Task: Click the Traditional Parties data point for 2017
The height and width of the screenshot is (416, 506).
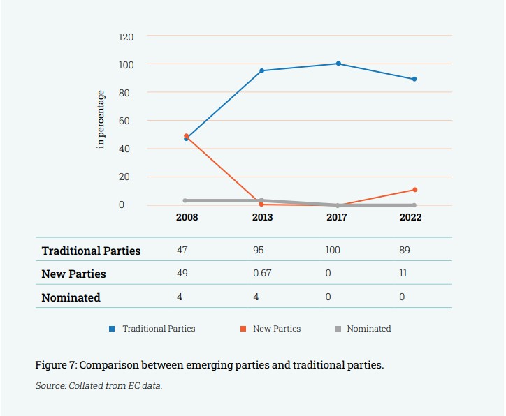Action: (x=338, y=64)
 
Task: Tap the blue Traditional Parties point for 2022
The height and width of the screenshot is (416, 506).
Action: (x=414, y=79)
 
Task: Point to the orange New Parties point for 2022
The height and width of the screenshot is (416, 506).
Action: (x=414, y=190)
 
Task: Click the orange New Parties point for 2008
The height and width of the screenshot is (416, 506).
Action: (x=187, y=136)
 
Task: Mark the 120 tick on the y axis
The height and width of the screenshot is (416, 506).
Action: (x=126, y=36)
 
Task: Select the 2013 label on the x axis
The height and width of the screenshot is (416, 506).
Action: (x=262, y=218)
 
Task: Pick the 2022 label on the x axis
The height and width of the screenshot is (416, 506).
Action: (x=410, y=218)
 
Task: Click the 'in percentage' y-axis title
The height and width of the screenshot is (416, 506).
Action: (x=101, y=119)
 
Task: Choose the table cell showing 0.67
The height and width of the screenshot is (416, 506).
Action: (x=262, y=274)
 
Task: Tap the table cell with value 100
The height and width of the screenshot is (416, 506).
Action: (x=333, y=250)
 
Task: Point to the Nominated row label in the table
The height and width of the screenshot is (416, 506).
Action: (x=71, y=297)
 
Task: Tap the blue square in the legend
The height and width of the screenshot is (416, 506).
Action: (x=112, y=329)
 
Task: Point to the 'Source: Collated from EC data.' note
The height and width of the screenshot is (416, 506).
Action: (x=99, y=385)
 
